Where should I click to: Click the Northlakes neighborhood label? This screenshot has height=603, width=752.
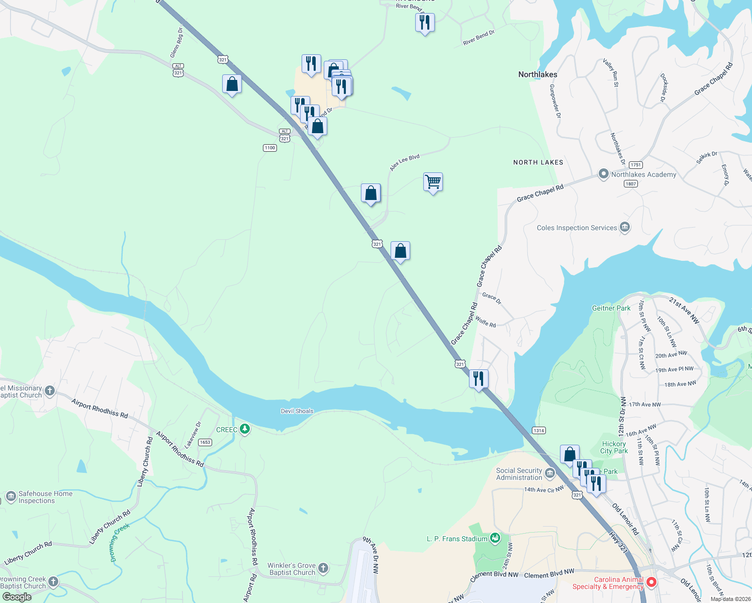(x=537, y=74)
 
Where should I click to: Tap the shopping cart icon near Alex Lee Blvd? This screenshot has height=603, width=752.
(x=433, y=181)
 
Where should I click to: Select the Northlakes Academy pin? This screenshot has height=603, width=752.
(x=603, y=174)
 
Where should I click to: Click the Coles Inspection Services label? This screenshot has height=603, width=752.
(x=577, y=228)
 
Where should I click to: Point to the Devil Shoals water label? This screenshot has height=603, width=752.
(x=297, y=411)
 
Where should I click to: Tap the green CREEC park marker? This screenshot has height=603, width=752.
(x=245, y=429)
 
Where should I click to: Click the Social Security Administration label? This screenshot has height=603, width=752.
(x=519, y=474)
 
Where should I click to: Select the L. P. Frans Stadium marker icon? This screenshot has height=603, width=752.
(x=495, y=538)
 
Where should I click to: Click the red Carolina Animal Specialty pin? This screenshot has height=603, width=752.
(x=651, y=582)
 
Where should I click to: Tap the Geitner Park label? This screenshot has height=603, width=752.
(x=611, y=308)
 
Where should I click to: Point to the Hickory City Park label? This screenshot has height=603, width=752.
(x=614, y=447)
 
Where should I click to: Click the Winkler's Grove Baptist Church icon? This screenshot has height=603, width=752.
(x=323, y=568)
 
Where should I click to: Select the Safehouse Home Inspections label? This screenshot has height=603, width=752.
(x=45, y=497)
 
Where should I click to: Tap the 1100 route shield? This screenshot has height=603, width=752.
(x=270, y=148)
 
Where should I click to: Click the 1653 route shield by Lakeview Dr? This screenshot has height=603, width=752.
(x=205, y=442)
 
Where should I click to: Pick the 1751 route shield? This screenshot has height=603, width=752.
(x=636, y=165)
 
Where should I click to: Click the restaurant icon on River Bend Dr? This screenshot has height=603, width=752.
(x=425, y=22)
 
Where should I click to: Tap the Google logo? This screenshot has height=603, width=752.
(x=17, y=597)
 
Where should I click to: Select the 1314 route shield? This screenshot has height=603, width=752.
(x=538, y=430)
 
